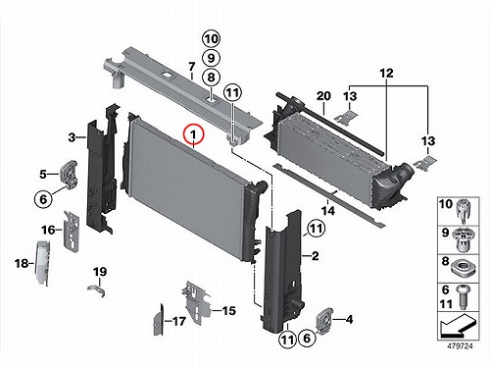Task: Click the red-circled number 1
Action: point(193,134)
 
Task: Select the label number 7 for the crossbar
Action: point(192,67)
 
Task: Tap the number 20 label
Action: point(323,96)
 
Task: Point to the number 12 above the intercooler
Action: point(386,73)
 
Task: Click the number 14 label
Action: point(328,211)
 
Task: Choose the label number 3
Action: point(72,137)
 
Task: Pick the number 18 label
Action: point(22,263)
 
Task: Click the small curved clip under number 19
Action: point(97,290)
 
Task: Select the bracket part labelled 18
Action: point(43,263)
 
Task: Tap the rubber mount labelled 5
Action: point(69,174)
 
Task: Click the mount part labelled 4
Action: point(325,321)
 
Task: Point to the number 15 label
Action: point(228,310)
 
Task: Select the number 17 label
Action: point(178,321)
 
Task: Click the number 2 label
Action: point(315,256)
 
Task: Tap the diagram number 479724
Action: point(460,346)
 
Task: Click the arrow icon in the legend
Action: point(458,327)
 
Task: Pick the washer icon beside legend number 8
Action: point(463,269)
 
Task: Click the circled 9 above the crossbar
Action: point(211,58)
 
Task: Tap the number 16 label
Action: point(48,230)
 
